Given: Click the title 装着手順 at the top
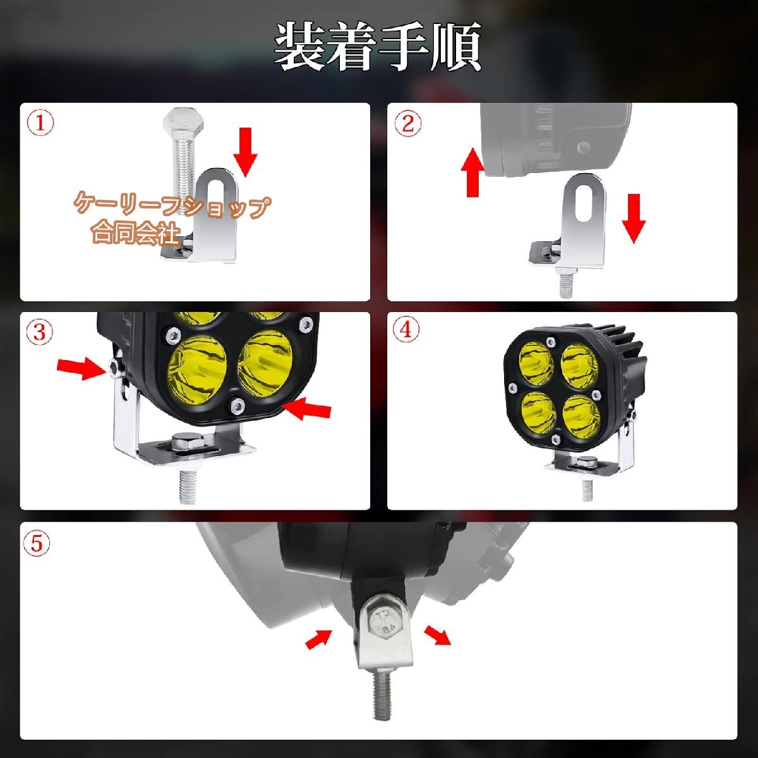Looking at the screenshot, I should (x=378, y=47).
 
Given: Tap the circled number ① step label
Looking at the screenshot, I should (x=40, y=124).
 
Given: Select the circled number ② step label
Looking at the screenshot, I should (x=407, y=124).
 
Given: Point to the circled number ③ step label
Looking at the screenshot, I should (x=40, y=332).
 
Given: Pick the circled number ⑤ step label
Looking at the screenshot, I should (x=37, y=543).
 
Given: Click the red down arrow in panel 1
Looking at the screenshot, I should (x=245, y=152).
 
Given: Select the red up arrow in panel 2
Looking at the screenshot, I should (x=472, y=172).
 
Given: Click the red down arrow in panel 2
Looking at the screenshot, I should (x=633, y=218).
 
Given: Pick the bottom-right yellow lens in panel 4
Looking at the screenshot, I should (x=581, y=412).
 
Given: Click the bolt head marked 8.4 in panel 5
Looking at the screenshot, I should (x=383, y=622).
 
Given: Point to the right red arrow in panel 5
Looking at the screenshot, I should (x=437, y=634).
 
